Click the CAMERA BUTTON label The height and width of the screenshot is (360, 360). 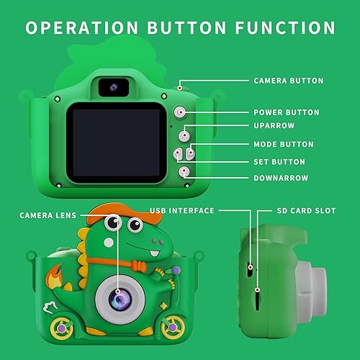[x=288, y=81]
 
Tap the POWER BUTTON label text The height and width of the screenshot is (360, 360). [x=286, y=112]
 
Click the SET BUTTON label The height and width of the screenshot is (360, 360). [x=279, y=162]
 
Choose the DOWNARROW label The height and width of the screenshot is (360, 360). [x=280, y=178]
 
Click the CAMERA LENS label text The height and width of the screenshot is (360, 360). [x=47, y=215]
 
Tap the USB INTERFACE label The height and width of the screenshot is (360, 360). [x=182, y=210]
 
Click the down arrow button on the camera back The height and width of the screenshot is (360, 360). [x=185, y=171]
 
